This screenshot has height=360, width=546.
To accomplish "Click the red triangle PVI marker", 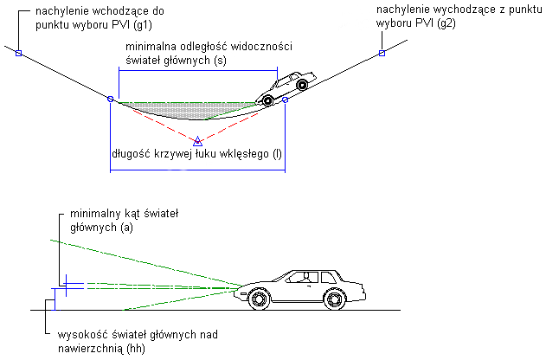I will [197, 141].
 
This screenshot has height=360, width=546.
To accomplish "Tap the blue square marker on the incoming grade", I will [18, 54].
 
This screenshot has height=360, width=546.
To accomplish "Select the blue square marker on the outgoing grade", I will [382, 54].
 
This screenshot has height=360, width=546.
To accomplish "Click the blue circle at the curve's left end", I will [110, 100].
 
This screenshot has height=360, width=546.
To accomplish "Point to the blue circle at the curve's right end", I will [285, 100].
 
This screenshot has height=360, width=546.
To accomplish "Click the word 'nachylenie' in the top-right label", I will [405, 10].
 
